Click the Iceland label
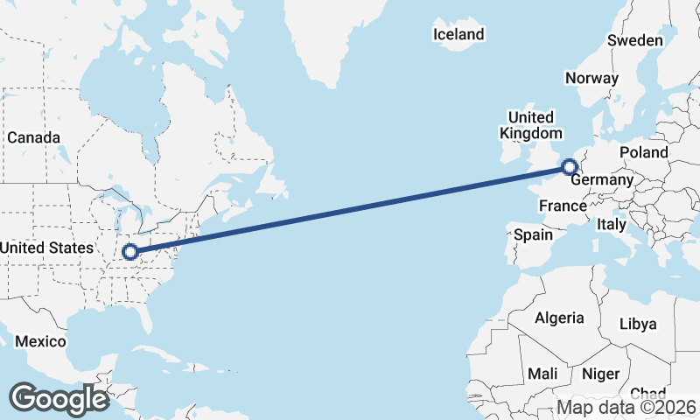[x=458, y=34]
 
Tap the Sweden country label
[x=635, y=40]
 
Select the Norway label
[x=591, y=78]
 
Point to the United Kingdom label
[x=530, y=125]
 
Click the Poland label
[x=643, y=152]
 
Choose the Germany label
[x=602, y=180]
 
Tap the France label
[x=562, y=206]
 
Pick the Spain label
[x=533, y=234]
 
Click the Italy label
[x=611, y=224]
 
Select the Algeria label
[x=559, y=318]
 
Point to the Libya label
[x=637, y=324]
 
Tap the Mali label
[x=542, y=374]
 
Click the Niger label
[x=600, y=374]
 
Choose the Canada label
[x=34, y=137]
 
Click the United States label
[x=46, y=248]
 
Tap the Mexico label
[x=40, y=340]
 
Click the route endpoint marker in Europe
[x=570, y=166]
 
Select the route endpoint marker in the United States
[x=129, y=252]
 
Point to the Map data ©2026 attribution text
[x=626, y=407]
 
